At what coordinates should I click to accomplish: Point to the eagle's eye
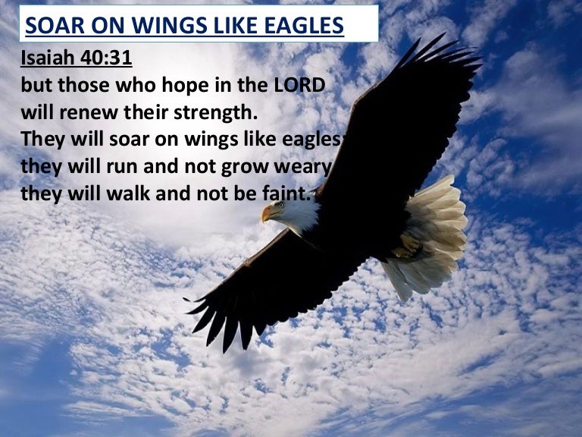(x=280, y=204)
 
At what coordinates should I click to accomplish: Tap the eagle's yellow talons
(x=408, y=247)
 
